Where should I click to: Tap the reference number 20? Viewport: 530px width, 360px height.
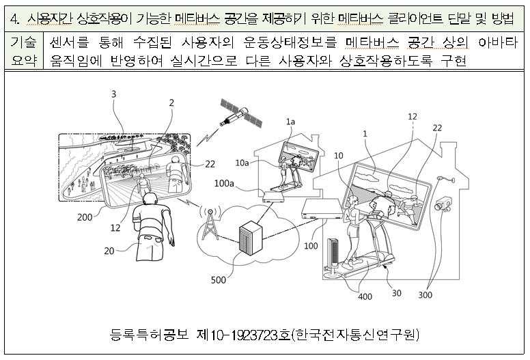pyautogui.click(x=109, y=251)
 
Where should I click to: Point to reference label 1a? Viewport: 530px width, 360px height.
pyautogui.click(x=290, y=121)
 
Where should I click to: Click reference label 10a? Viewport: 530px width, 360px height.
pyautogui.click(x=242, y=162)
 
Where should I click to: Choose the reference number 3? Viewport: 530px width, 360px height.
pyautogui.click(x=113, y=94)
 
